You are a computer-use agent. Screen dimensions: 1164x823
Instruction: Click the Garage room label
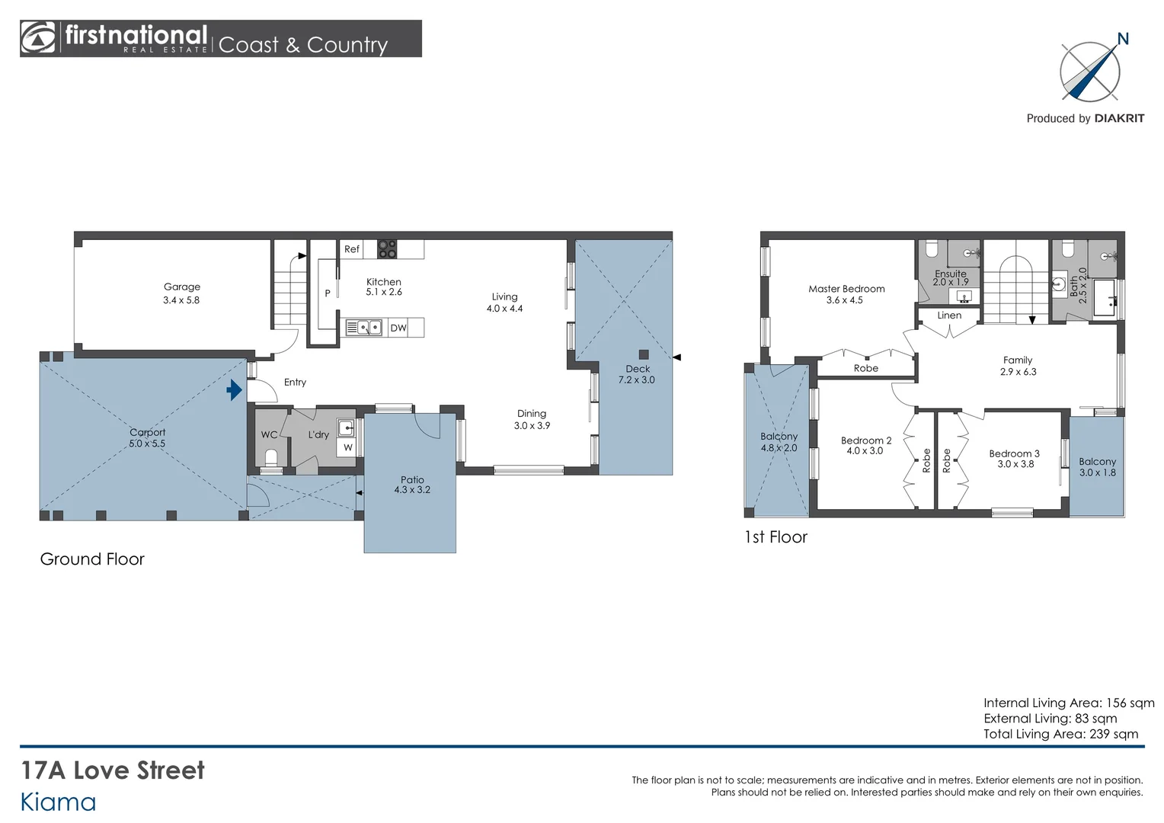182,287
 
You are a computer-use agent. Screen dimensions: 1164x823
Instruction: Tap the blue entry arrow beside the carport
235,390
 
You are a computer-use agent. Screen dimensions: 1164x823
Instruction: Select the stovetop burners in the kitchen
387,249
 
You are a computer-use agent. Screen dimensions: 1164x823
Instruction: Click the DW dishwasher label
398,328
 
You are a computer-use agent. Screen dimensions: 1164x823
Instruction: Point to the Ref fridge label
352,249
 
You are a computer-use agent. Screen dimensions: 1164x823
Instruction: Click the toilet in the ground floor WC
271,458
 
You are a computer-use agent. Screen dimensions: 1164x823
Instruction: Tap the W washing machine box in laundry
347,447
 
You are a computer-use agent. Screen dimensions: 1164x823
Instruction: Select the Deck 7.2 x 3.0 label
637,374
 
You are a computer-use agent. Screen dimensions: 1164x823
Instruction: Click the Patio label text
412,479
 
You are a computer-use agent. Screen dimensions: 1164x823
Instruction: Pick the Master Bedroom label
846,289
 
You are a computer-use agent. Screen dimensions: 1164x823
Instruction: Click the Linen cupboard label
949,315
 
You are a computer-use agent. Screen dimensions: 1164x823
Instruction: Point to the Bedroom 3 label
1015,453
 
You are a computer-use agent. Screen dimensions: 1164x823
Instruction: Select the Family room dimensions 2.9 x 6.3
1018,372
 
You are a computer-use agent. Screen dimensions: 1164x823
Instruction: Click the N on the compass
1123,39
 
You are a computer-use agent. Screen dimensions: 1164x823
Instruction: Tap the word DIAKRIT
1119,119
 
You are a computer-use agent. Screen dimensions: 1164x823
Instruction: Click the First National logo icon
37,38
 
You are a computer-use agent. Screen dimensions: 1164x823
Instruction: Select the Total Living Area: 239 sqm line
1060,734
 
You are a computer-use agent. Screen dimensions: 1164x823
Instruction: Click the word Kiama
58,802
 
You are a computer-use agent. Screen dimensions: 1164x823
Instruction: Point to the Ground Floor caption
92,559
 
